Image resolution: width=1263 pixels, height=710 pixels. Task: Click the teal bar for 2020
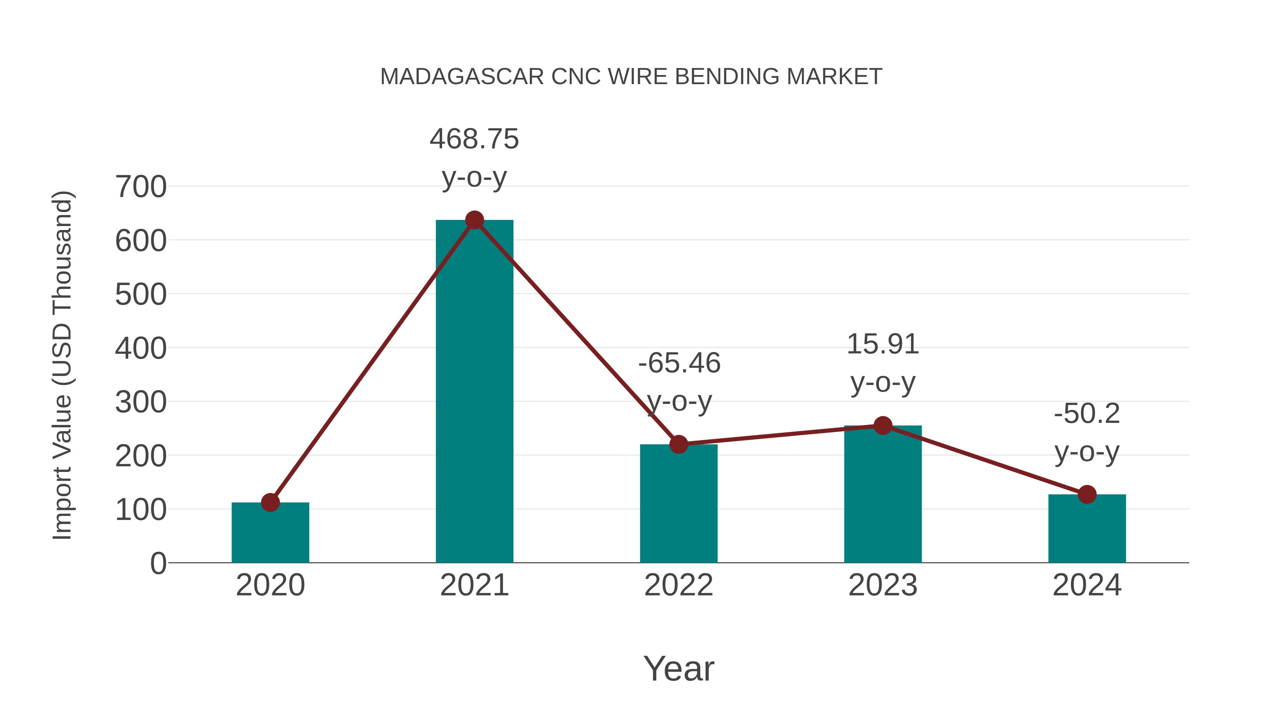tap(270, 534)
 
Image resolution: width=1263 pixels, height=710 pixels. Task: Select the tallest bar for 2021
tap(474, 392)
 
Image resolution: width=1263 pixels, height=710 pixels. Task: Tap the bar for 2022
tap(679, 505)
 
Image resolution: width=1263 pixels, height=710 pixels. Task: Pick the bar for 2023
tap(883, 495)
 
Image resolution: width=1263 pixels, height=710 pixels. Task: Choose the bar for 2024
tap(1087, 529)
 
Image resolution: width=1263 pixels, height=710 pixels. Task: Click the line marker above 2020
tap(270, 502)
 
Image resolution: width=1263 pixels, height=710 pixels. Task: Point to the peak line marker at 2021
tap(474, 220)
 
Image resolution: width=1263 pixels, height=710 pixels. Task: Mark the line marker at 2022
tap(679, 444)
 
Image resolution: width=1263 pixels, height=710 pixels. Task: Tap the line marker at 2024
tap(1087, 494)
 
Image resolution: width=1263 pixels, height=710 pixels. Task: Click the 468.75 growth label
tap(474, 139)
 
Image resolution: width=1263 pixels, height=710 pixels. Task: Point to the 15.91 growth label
tap(883, 344)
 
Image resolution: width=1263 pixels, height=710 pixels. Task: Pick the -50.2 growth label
tap(1087, 414)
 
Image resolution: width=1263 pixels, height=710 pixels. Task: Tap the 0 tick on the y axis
tap(158, 563)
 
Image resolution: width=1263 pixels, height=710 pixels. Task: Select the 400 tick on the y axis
tap(141, 349)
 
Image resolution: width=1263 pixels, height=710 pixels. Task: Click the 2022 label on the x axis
tap(679, 586)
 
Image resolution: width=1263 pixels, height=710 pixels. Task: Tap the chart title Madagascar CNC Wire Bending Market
tap(631, 77)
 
